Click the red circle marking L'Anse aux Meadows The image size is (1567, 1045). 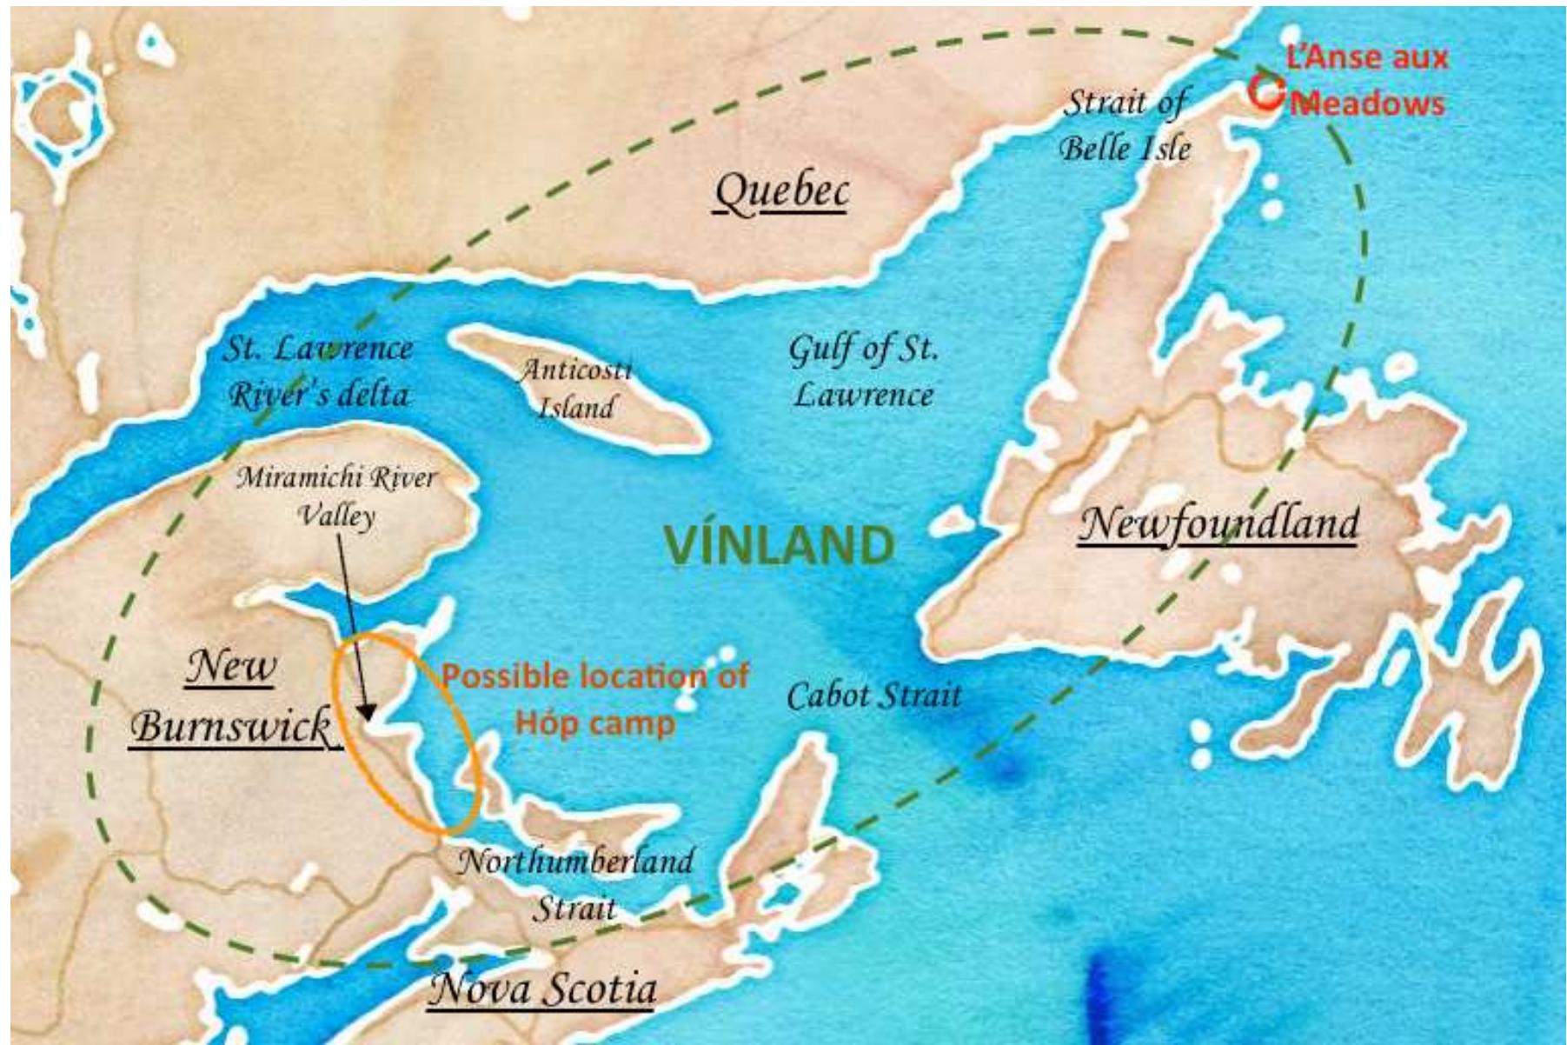pos(1266,91)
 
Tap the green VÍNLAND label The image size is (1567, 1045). pos(779,545)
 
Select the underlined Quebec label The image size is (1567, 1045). pos(781,192)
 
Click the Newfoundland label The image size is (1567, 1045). pos(1218,523)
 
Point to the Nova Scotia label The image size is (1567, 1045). pos(544,988)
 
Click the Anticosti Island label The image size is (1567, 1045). pos(575,389)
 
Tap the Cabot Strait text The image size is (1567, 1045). pos(873,696)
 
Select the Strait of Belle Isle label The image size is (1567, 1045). pos(1125,125)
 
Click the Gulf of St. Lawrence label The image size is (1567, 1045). pos(863,371)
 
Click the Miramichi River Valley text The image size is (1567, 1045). pos(336,496)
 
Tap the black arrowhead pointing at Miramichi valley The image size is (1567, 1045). pos(367,713)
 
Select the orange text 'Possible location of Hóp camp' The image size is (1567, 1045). pos(595,699)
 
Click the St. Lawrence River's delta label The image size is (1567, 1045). pos(318,371)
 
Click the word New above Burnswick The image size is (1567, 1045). pos(231,667)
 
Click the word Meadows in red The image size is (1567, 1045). pos(1368,103)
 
